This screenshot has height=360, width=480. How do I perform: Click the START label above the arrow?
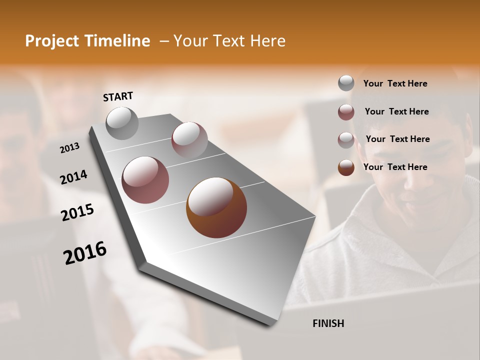click(118, 96)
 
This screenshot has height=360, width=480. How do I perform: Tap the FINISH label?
click(328, 323)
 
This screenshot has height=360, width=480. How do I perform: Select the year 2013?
click(70, 148)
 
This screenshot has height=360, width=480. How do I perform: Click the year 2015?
click(77, 212)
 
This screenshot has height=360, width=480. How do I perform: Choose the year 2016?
click(85, 252)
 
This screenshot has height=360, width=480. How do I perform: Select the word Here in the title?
click(267, 41)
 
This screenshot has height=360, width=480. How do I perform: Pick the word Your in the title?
click(190, 41)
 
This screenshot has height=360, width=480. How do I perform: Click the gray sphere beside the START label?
click(122, 123)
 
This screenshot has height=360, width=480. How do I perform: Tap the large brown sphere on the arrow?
click(216, 207)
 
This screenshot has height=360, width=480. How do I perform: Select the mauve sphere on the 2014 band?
click(145, 180)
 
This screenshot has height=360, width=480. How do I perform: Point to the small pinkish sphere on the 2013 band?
click(189, 139)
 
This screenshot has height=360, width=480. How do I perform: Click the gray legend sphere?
click(346, 83)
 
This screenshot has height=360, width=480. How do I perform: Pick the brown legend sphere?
click(346, 167)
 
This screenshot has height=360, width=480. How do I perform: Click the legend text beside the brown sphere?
click(395, 167)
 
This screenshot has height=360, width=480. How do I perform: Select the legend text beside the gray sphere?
click(395, 83)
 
